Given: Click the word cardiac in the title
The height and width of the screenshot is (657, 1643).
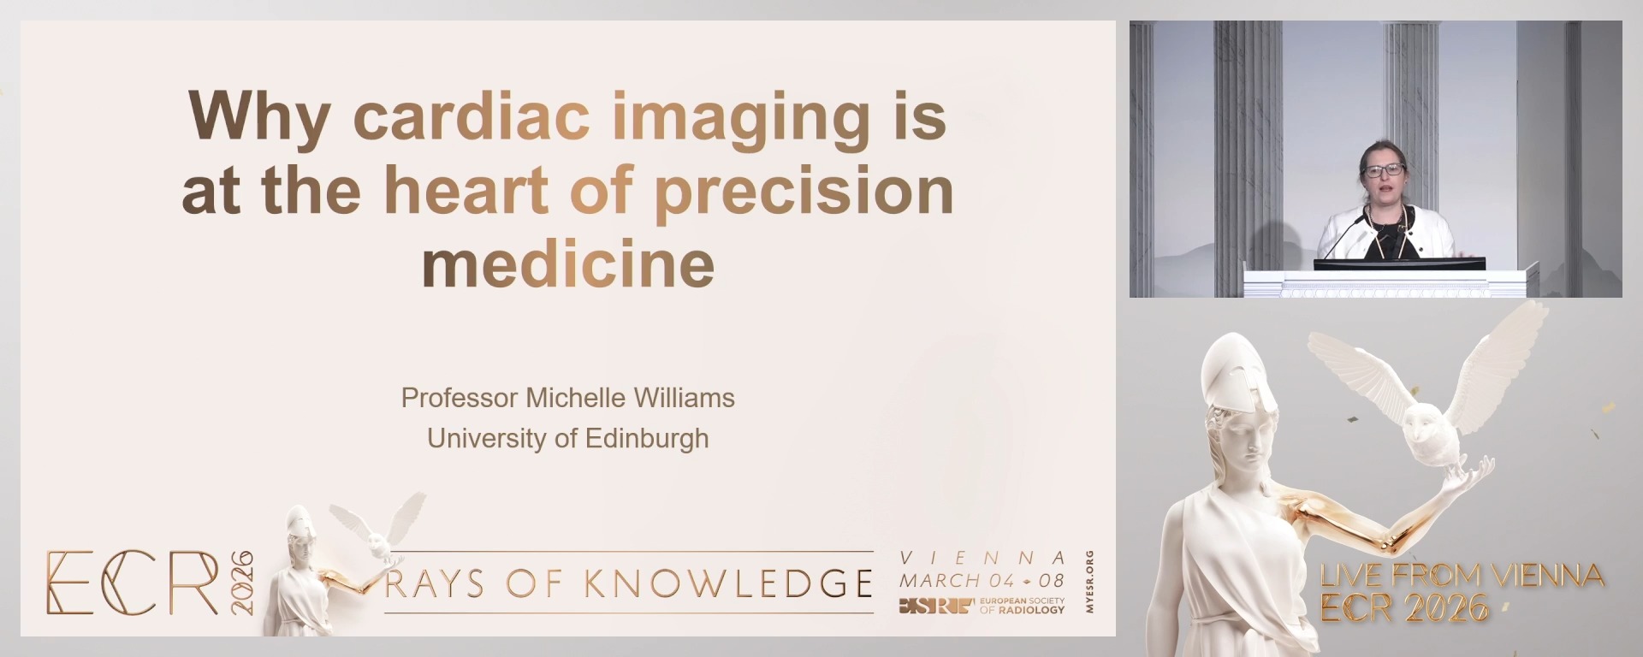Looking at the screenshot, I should (472, 116).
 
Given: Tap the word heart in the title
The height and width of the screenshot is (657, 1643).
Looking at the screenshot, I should (466, 190).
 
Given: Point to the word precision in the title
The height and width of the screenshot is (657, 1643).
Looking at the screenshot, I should (804, 192).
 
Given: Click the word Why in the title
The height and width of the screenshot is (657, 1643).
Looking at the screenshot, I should (259, 118).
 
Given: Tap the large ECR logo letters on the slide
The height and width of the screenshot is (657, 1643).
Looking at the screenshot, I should (133, 583).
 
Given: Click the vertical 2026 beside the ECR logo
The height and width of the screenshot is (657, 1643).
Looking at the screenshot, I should (242, 583).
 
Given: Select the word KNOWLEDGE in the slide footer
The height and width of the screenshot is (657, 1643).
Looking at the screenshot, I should (728, 583).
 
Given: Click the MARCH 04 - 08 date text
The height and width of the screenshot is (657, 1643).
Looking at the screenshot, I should (982, 580).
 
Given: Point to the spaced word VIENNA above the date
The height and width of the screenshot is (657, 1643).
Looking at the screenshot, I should (982, 558).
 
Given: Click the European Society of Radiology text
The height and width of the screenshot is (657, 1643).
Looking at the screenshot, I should (1022, 606).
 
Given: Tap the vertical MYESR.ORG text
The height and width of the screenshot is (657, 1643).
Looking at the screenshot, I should (1089, 582).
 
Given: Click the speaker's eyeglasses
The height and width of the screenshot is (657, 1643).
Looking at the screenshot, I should (1383, 170).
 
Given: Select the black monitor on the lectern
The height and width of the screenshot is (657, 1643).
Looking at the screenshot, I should (1399, 263).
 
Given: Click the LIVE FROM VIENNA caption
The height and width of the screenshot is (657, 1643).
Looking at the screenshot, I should (1462, 575).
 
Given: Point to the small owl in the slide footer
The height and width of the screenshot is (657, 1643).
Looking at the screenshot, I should (377, 530).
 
